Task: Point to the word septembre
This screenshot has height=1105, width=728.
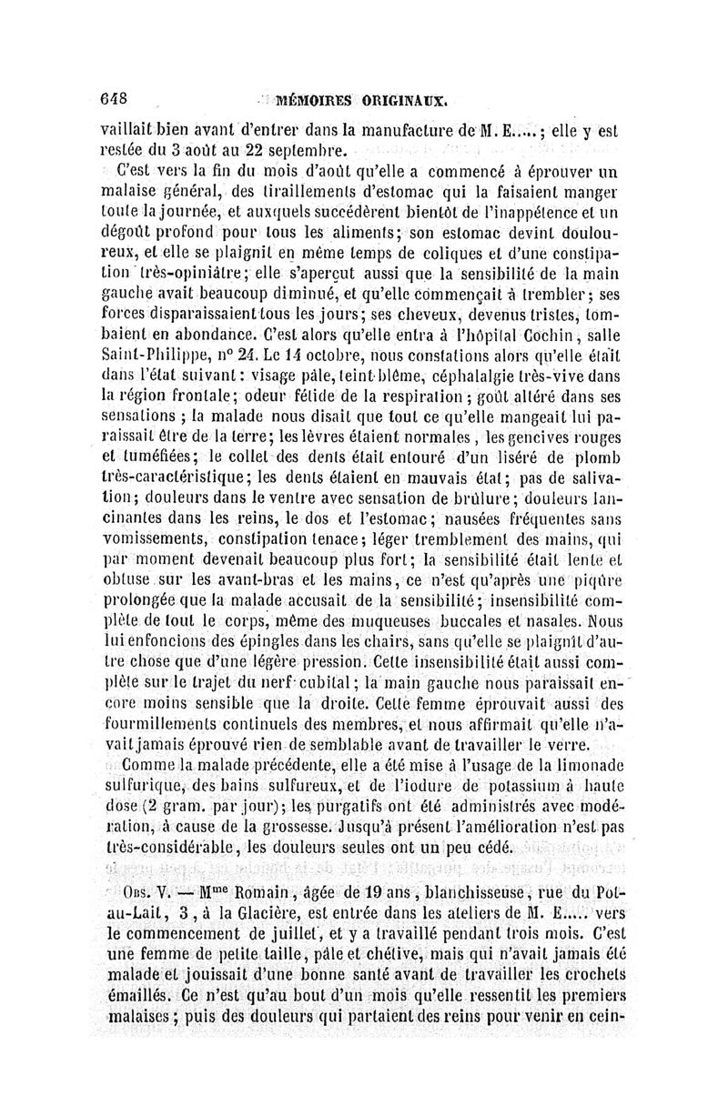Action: pos(308,151)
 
